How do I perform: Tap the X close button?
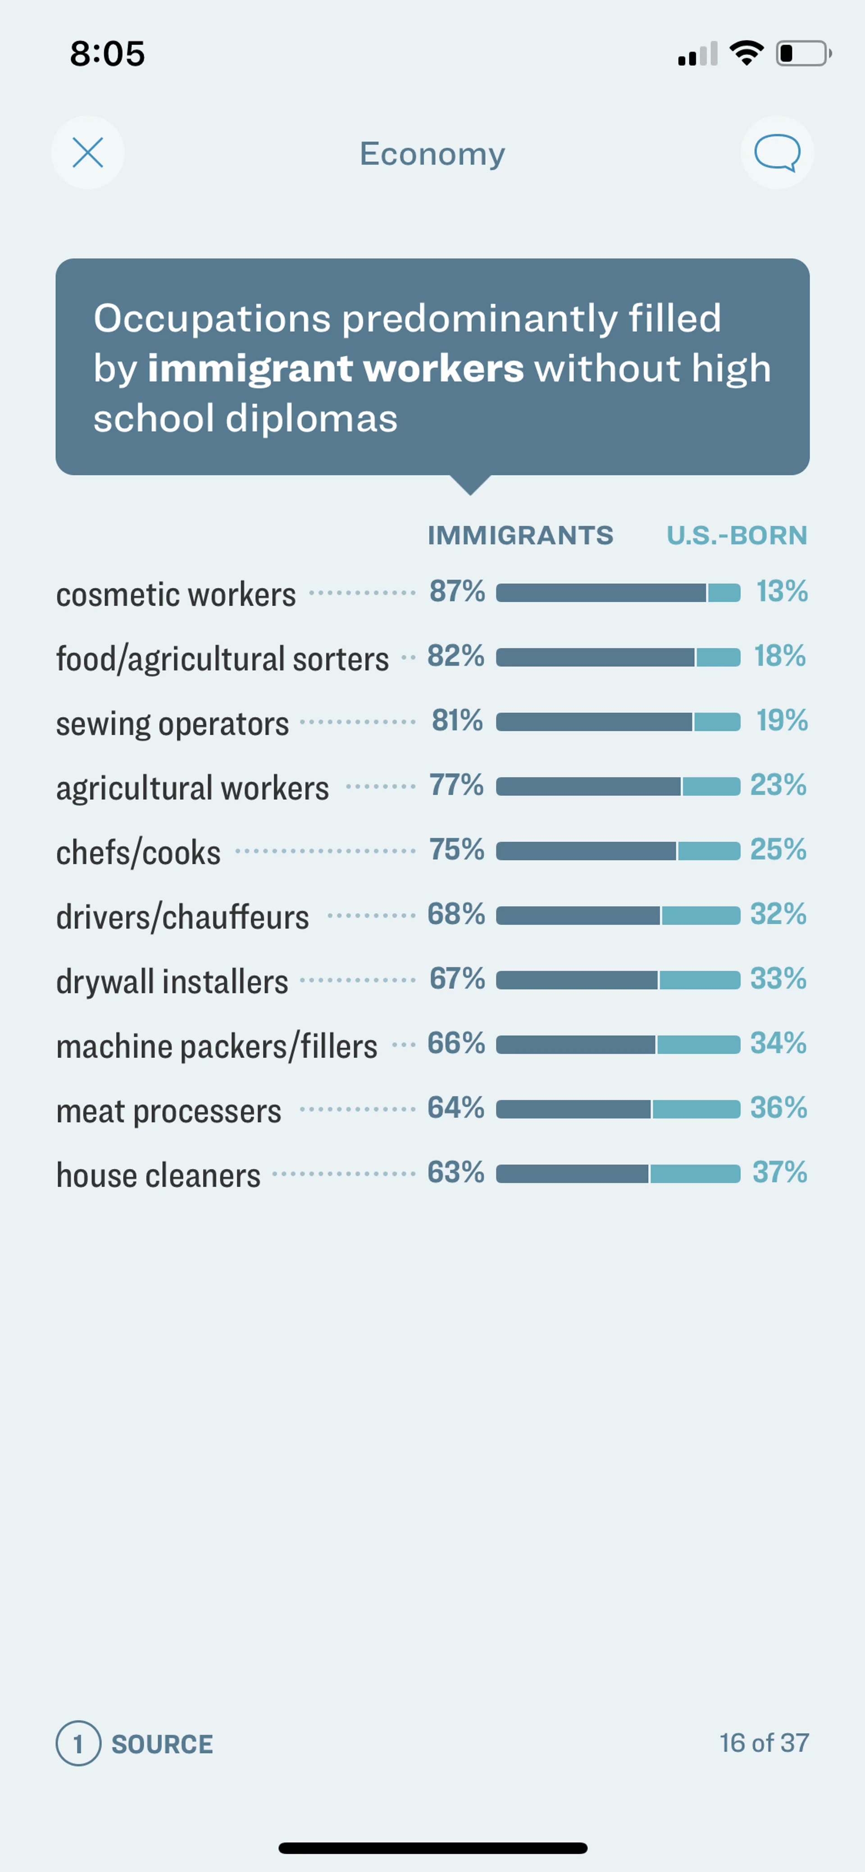88,153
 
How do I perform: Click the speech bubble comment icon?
777,153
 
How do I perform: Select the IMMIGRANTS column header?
520,535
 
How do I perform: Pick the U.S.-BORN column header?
736,535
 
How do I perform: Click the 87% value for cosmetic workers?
456,592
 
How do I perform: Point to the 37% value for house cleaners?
779,1172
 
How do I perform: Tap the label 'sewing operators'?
172,724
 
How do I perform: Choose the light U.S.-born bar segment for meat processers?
696,1109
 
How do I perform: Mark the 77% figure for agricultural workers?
456,785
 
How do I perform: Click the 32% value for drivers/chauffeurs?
778,914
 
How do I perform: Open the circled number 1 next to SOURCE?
78,1743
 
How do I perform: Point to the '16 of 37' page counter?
764,1743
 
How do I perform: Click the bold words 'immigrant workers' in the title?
335,368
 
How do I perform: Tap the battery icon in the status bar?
802,54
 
